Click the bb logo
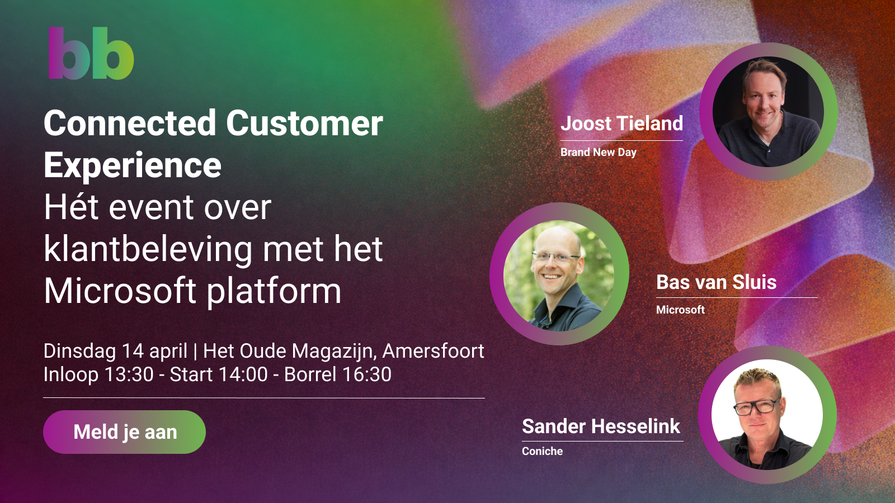point(91,53)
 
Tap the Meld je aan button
point(124,432)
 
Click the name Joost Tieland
point(621,124)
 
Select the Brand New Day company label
point(598,152)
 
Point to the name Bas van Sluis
point(717,282)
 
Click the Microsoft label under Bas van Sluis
point(680,310)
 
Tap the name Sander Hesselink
point(601,426)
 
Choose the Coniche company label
point(542,451)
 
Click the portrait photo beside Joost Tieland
point(768,111)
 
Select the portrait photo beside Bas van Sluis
point(559,274)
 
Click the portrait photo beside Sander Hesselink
point(767,414)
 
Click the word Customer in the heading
point(304,124)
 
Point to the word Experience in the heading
point(132,165)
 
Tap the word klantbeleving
point(148,249)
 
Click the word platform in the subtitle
point(274,291)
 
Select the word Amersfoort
point(433,352)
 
